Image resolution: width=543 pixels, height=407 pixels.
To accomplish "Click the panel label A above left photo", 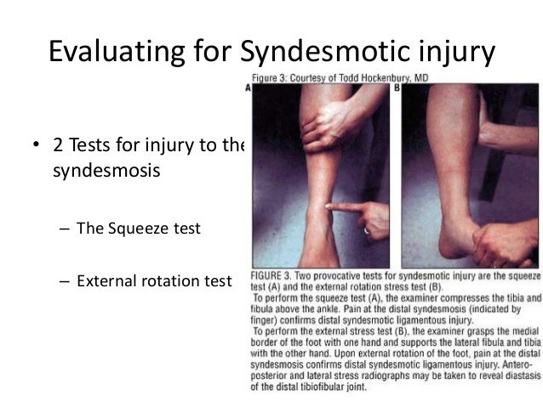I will [x=249, y=87].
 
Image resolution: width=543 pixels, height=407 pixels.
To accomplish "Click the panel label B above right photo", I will [x=392, y=87].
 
